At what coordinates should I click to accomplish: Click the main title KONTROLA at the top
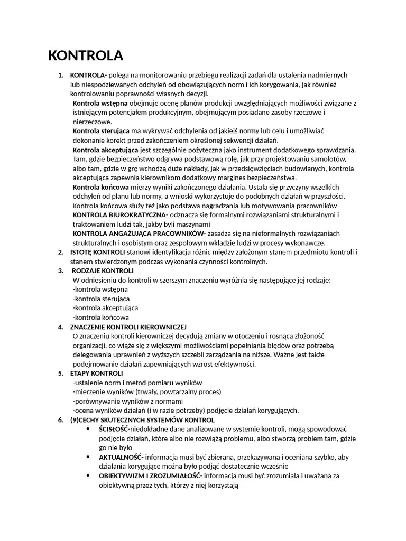tap(86, 55)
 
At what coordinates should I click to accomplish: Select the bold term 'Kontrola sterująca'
tap(101, 131)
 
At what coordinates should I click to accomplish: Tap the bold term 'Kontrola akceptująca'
tap(105, 150)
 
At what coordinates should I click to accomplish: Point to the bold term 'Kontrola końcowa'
tap(100, 187)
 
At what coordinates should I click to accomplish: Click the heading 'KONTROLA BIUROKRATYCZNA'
tap(119, 215)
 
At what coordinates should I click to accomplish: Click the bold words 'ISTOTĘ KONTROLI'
tap(97, 252)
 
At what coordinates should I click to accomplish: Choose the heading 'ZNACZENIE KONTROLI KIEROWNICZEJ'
tap(128, 327)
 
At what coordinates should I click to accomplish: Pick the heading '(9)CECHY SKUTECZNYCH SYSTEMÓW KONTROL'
tap(142, 420)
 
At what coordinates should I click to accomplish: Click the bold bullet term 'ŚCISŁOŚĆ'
tap(113, 429)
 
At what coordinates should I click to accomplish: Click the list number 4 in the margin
tap(60, 327)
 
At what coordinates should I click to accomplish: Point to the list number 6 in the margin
tap(60, 420)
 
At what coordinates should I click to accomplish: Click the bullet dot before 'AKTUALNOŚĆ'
tap(87, 457)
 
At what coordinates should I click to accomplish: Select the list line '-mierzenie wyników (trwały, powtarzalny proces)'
tap(146, 391)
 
